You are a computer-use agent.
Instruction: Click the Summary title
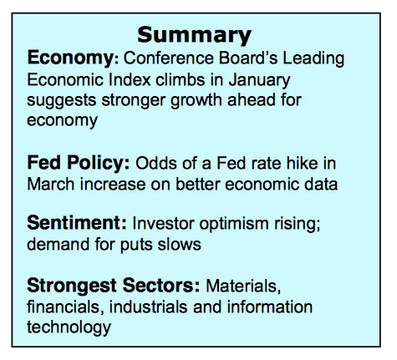(194, 35)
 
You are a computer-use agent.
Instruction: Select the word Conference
(168, 58)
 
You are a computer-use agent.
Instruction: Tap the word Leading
(313, 59)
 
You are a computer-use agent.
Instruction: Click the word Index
(130, 80)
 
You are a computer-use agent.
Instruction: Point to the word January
(259, 81)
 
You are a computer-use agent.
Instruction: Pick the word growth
(196, 101)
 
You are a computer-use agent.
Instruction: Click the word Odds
(156, 163)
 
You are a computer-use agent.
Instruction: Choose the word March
(51, 184)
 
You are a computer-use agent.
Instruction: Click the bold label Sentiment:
(77, 223)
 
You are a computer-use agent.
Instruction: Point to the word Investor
(163, 223)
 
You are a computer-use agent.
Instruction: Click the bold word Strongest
(72, 286)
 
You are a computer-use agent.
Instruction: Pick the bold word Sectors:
(161, 286)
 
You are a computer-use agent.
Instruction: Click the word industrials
(149, 307)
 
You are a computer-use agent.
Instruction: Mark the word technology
(69, 327)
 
